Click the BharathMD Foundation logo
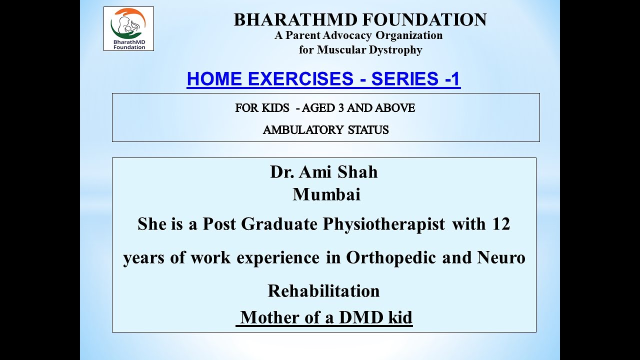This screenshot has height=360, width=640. (128, 28)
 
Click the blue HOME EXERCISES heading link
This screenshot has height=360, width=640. (323, 79)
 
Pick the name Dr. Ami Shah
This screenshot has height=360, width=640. (323, 172)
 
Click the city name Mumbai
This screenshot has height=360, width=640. (326, 194)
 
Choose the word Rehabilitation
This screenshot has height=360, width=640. (323, 291)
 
